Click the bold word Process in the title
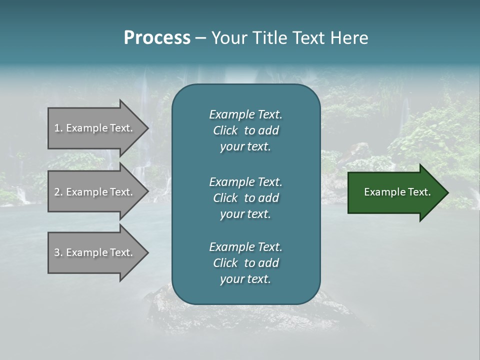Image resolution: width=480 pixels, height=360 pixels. (x=157, y=38)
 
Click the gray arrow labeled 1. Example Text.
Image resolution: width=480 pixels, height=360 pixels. (x=93, y=128)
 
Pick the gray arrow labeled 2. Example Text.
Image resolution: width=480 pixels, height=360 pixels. (x=93, y=192)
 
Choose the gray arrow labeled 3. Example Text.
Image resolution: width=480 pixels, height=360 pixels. (x=93, y=252)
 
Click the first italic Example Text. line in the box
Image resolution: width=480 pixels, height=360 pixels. (x=245, y=114)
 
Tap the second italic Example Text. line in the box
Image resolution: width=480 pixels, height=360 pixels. (x=245, y=182)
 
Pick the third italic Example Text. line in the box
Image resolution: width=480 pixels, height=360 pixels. (x=245, y=247)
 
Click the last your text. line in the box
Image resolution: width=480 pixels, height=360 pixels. (x=245, y=279)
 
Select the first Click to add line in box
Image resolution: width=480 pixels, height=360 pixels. (x=245, y=130)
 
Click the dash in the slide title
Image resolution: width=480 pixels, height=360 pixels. (x=200, y=38)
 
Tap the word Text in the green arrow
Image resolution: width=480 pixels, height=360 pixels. (x=419, y=192)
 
